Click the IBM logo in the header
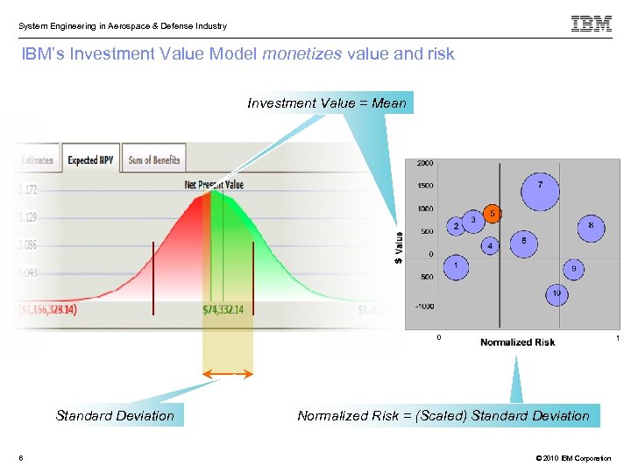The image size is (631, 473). point(592,24)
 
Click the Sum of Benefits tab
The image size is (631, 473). point(153,159)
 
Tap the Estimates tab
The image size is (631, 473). point(37,160)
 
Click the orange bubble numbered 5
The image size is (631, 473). point(493,213)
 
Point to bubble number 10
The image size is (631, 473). point(557,294)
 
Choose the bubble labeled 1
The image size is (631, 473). point(456,265)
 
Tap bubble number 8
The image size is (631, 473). point(591,227)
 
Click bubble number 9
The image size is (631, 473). point(573,268)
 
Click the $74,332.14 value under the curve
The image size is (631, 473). point(223,310)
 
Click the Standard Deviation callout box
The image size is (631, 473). point(115,416)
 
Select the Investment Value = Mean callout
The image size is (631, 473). point(327,103)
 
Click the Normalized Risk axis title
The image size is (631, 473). point(517,342)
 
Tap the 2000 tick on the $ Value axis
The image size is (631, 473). point(425,163)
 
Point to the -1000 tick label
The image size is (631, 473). point(424,307)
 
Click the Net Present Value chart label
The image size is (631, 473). point(214,185)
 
